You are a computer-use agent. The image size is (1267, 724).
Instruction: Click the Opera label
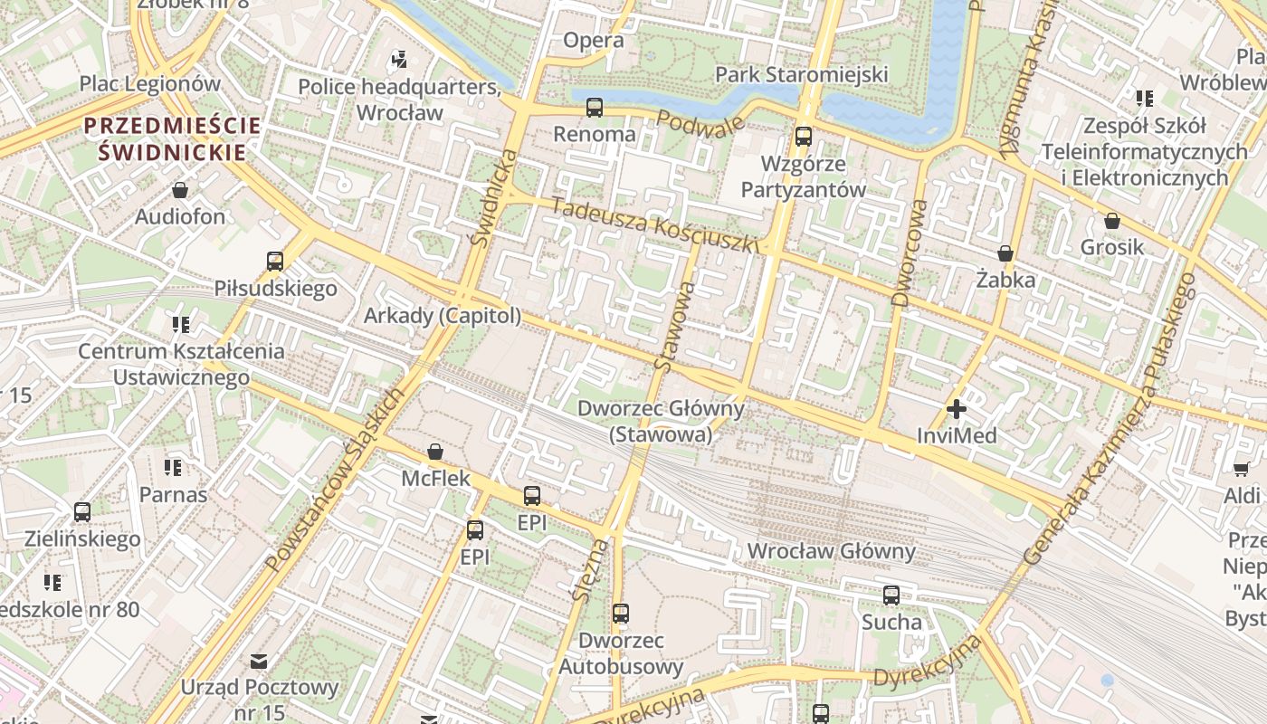[x=593, y=40]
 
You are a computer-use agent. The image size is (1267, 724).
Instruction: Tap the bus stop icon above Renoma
[x=595, y=108]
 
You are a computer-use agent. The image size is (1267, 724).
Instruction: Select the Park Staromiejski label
[x=801, y=74]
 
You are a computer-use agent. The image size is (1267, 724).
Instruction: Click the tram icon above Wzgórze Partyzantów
[x=803, y=137]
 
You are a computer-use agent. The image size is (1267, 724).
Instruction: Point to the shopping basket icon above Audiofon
[x=180, y=190]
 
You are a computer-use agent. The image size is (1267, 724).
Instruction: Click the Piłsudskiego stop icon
[x=275, y=262]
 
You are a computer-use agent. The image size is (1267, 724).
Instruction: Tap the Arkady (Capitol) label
[x=443, y=316]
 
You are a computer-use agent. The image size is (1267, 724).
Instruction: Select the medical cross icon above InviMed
[x=956, y=409]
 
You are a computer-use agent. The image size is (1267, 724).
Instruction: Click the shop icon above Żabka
[x=1005, y=253]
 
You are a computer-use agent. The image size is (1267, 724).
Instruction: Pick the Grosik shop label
[x=1111, y=247]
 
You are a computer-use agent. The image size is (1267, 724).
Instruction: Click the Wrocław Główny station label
[x=831, y=551]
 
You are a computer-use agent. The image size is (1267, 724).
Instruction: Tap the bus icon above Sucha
[x=891, y=595]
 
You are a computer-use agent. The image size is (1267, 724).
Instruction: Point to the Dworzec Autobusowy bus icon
[x=620, y=614]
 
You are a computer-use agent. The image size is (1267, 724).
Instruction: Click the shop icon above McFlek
[x=435, y=451]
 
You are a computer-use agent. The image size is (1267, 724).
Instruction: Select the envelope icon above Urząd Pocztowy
[x=259, y=661]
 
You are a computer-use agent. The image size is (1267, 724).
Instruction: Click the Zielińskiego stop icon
[x=82, y=512]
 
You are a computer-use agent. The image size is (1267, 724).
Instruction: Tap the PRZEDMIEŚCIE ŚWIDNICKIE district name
[x=173, y=138]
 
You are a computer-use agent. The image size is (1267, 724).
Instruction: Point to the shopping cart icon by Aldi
[x=1241, y=468]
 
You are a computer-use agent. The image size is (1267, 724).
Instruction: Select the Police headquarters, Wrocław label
[x=399, y=100]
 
